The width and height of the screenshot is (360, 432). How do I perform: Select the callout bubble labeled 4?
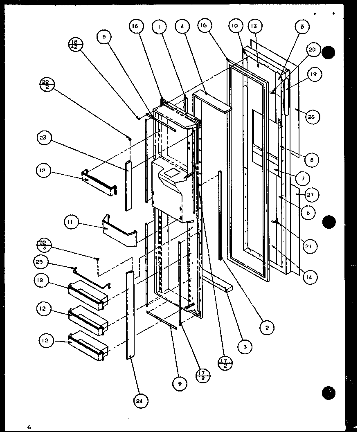coord(181,27)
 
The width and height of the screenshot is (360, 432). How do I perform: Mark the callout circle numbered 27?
coord(310,195)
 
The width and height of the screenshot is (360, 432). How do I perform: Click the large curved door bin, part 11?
coord(119,232)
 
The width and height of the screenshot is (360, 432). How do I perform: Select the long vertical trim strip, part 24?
coord(130,315)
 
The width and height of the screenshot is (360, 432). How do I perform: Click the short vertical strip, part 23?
coord(129,185)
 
